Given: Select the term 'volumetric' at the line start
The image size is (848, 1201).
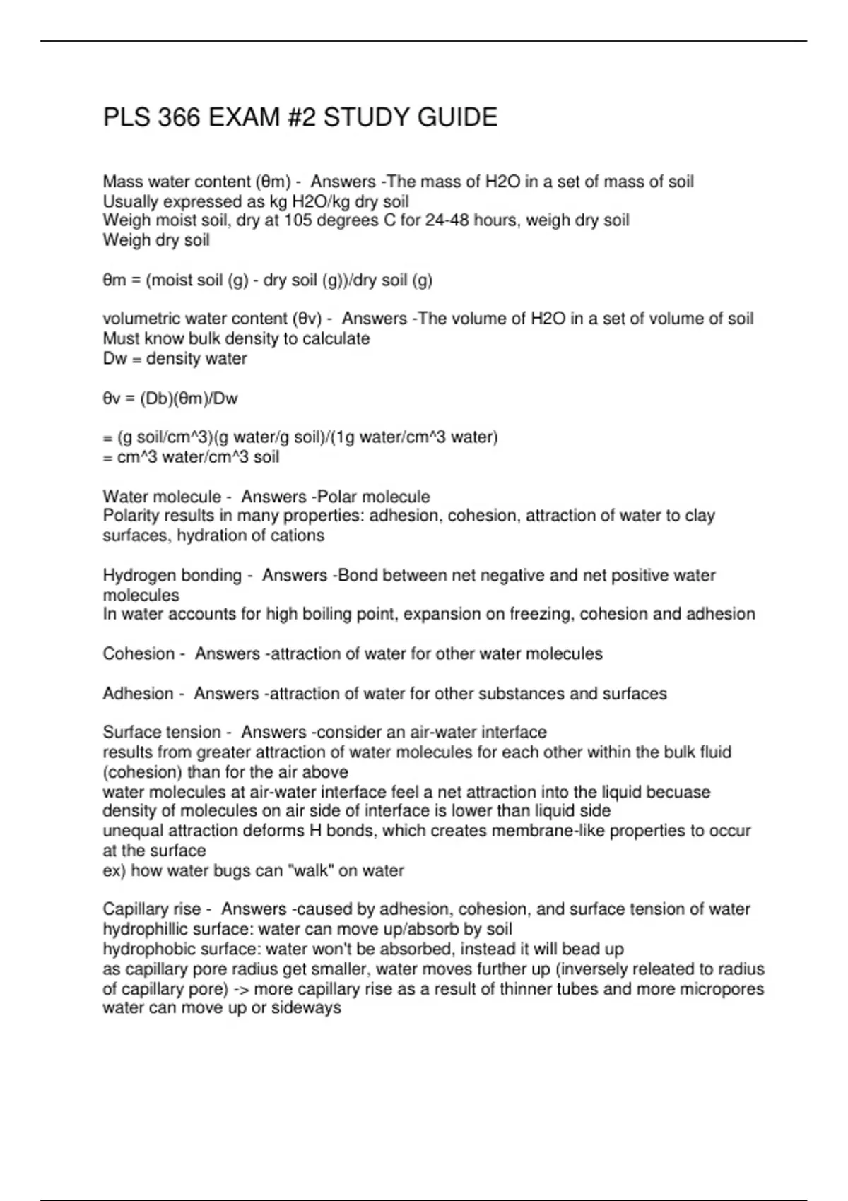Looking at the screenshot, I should (x=141, y=319).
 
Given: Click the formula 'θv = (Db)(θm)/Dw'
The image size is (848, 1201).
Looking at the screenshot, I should (x=170, y=398).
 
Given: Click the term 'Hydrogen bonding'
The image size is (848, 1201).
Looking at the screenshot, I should (x=172, y=575).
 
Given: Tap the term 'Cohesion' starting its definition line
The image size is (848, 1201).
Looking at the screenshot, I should (x=139, y=653).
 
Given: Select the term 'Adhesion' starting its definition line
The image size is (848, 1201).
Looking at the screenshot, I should (x=138, y=694).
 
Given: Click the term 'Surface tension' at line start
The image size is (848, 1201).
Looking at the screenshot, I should (x=162, y=732).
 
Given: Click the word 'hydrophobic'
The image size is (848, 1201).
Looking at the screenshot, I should (x=148, y=949).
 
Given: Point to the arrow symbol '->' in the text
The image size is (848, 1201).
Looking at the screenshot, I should (x=241, y=988).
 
